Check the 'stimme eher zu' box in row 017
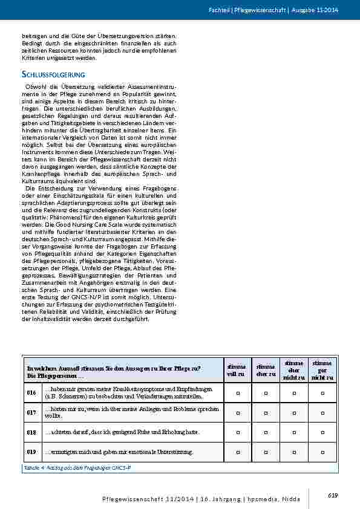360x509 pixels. (266, 412)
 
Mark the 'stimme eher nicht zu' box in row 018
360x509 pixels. (294, 432)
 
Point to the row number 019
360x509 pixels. (31, 452)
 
